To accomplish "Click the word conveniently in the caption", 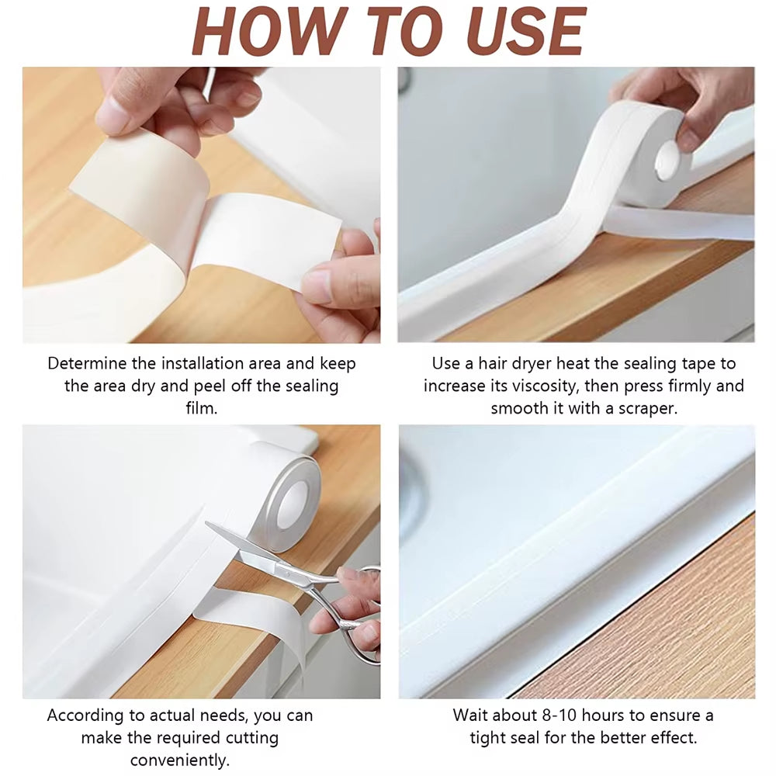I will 179,760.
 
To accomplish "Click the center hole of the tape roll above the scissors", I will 292,497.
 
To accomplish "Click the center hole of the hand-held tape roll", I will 667,160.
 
